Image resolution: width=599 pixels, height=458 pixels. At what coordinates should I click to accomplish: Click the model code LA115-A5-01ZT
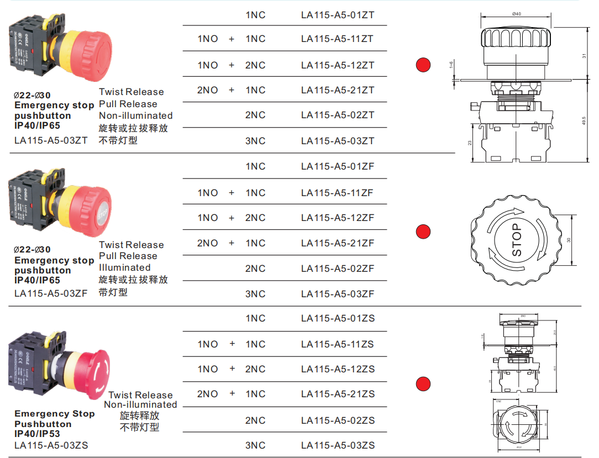pyautogui.click(x=338, y=15)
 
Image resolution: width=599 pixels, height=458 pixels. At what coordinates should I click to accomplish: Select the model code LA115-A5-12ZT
pyautogui.click(x=338, y=65)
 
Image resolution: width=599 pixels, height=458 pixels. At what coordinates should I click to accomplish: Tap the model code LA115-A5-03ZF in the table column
pyautogui.click(x=338, y=294)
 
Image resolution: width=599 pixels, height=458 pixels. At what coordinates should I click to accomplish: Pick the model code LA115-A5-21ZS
pyautogui.click(x=338, y=394)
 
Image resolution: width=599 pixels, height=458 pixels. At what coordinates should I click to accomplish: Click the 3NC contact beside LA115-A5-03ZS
pyautogui.click(x=255, y=445)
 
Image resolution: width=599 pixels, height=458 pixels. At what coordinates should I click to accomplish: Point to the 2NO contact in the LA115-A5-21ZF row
pyautogui.click(x=208, y=243)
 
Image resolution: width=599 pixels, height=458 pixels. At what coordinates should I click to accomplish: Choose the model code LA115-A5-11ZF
pyautogui.click(x=338, y=193)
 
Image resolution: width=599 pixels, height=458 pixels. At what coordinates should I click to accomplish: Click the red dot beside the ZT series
pyautogui.click(x=423, y=65)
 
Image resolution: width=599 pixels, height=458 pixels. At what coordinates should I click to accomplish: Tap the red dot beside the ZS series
pyautogui.click(x=423, y=383)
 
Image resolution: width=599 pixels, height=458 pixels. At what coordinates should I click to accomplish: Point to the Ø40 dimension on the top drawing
pyautogui.click(x=517, y=14)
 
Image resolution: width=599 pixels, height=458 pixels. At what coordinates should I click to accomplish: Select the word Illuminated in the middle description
pyautogui.click(x=124, y=267)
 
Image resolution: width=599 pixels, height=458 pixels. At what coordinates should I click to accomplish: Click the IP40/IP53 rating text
pyautogui.click(x=37, y=434)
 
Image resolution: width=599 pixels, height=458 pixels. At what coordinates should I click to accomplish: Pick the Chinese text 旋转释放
pyautogui.click(x=140, y=415)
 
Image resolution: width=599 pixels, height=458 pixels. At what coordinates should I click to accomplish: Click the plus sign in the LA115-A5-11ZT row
pyautogui.click(x=232, y=39)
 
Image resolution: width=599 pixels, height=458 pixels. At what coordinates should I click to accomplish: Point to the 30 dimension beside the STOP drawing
pyautogui.click(x=569, y=240)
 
